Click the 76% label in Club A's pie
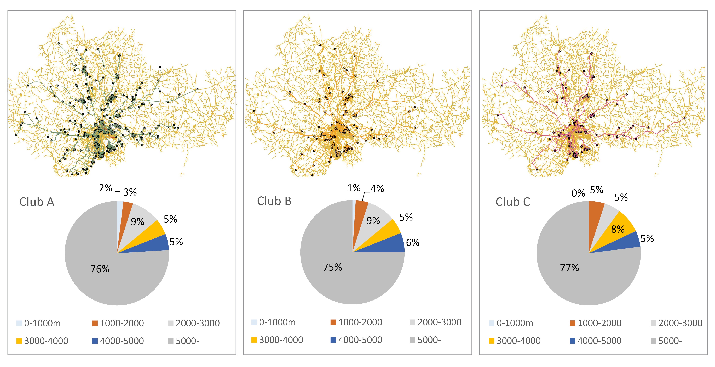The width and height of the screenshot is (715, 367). coord(100,269)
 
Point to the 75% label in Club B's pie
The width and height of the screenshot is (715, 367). coord(332,267)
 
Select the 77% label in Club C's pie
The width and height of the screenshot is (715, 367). coord(570,268)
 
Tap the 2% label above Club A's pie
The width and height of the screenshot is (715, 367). coord(106,188)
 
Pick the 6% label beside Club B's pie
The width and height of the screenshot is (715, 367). coord(413,243)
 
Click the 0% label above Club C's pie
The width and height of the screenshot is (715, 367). coord(578,193)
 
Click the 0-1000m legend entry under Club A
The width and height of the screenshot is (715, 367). coord(39,323)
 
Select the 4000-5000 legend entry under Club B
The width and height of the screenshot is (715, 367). coord(356,340)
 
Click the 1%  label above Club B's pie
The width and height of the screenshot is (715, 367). coord(354,188)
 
